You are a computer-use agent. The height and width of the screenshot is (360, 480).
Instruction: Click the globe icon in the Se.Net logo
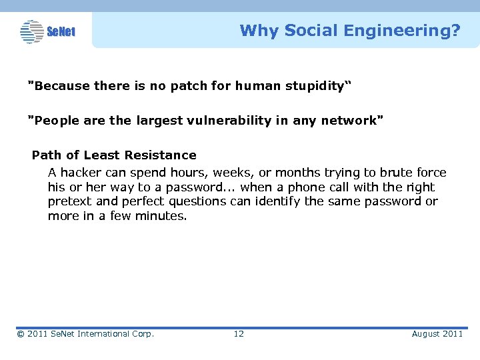click(x=31, y=31)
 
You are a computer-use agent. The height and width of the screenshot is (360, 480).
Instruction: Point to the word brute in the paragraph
click(x=397, y=173)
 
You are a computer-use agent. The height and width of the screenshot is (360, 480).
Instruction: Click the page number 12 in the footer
click(x=239, y=334)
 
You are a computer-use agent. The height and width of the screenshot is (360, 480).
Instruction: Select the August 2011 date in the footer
click(x=437, y=334)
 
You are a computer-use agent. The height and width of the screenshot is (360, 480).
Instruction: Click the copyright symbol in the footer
click(x=21, y=334)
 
